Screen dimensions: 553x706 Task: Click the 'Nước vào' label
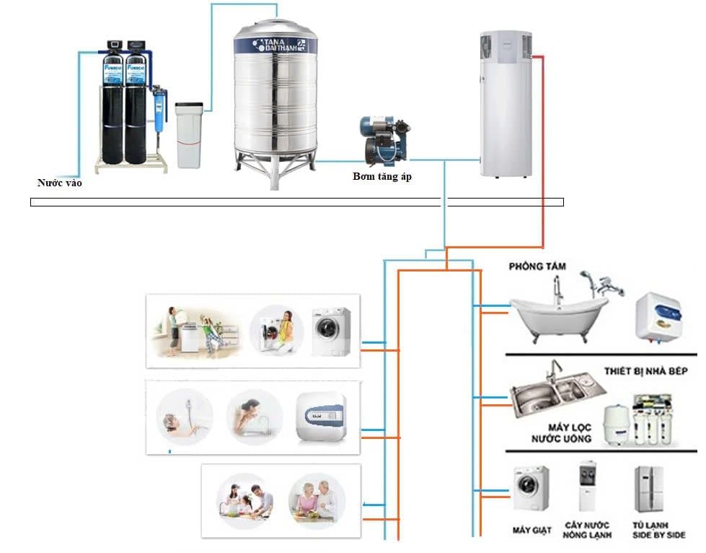pyautogui.click(x=60, y=183)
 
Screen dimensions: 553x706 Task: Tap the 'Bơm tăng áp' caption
pyautogui.click(x=382, y=177)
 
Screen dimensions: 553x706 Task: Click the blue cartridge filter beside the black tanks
pyautogui.click(x=157, y=116)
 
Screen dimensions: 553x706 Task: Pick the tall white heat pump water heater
pyautogui.click(x=508, y=105)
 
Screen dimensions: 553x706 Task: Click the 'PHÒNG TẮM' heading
pyautogui.click(x=537, y=266)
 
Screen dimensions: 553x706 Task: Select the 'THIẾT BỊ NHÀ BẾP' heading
pyautogui.click(x=645, y=371)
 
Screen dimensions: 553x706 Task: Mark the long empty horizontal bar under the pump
pyautogui.click(x=296, y=202)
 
